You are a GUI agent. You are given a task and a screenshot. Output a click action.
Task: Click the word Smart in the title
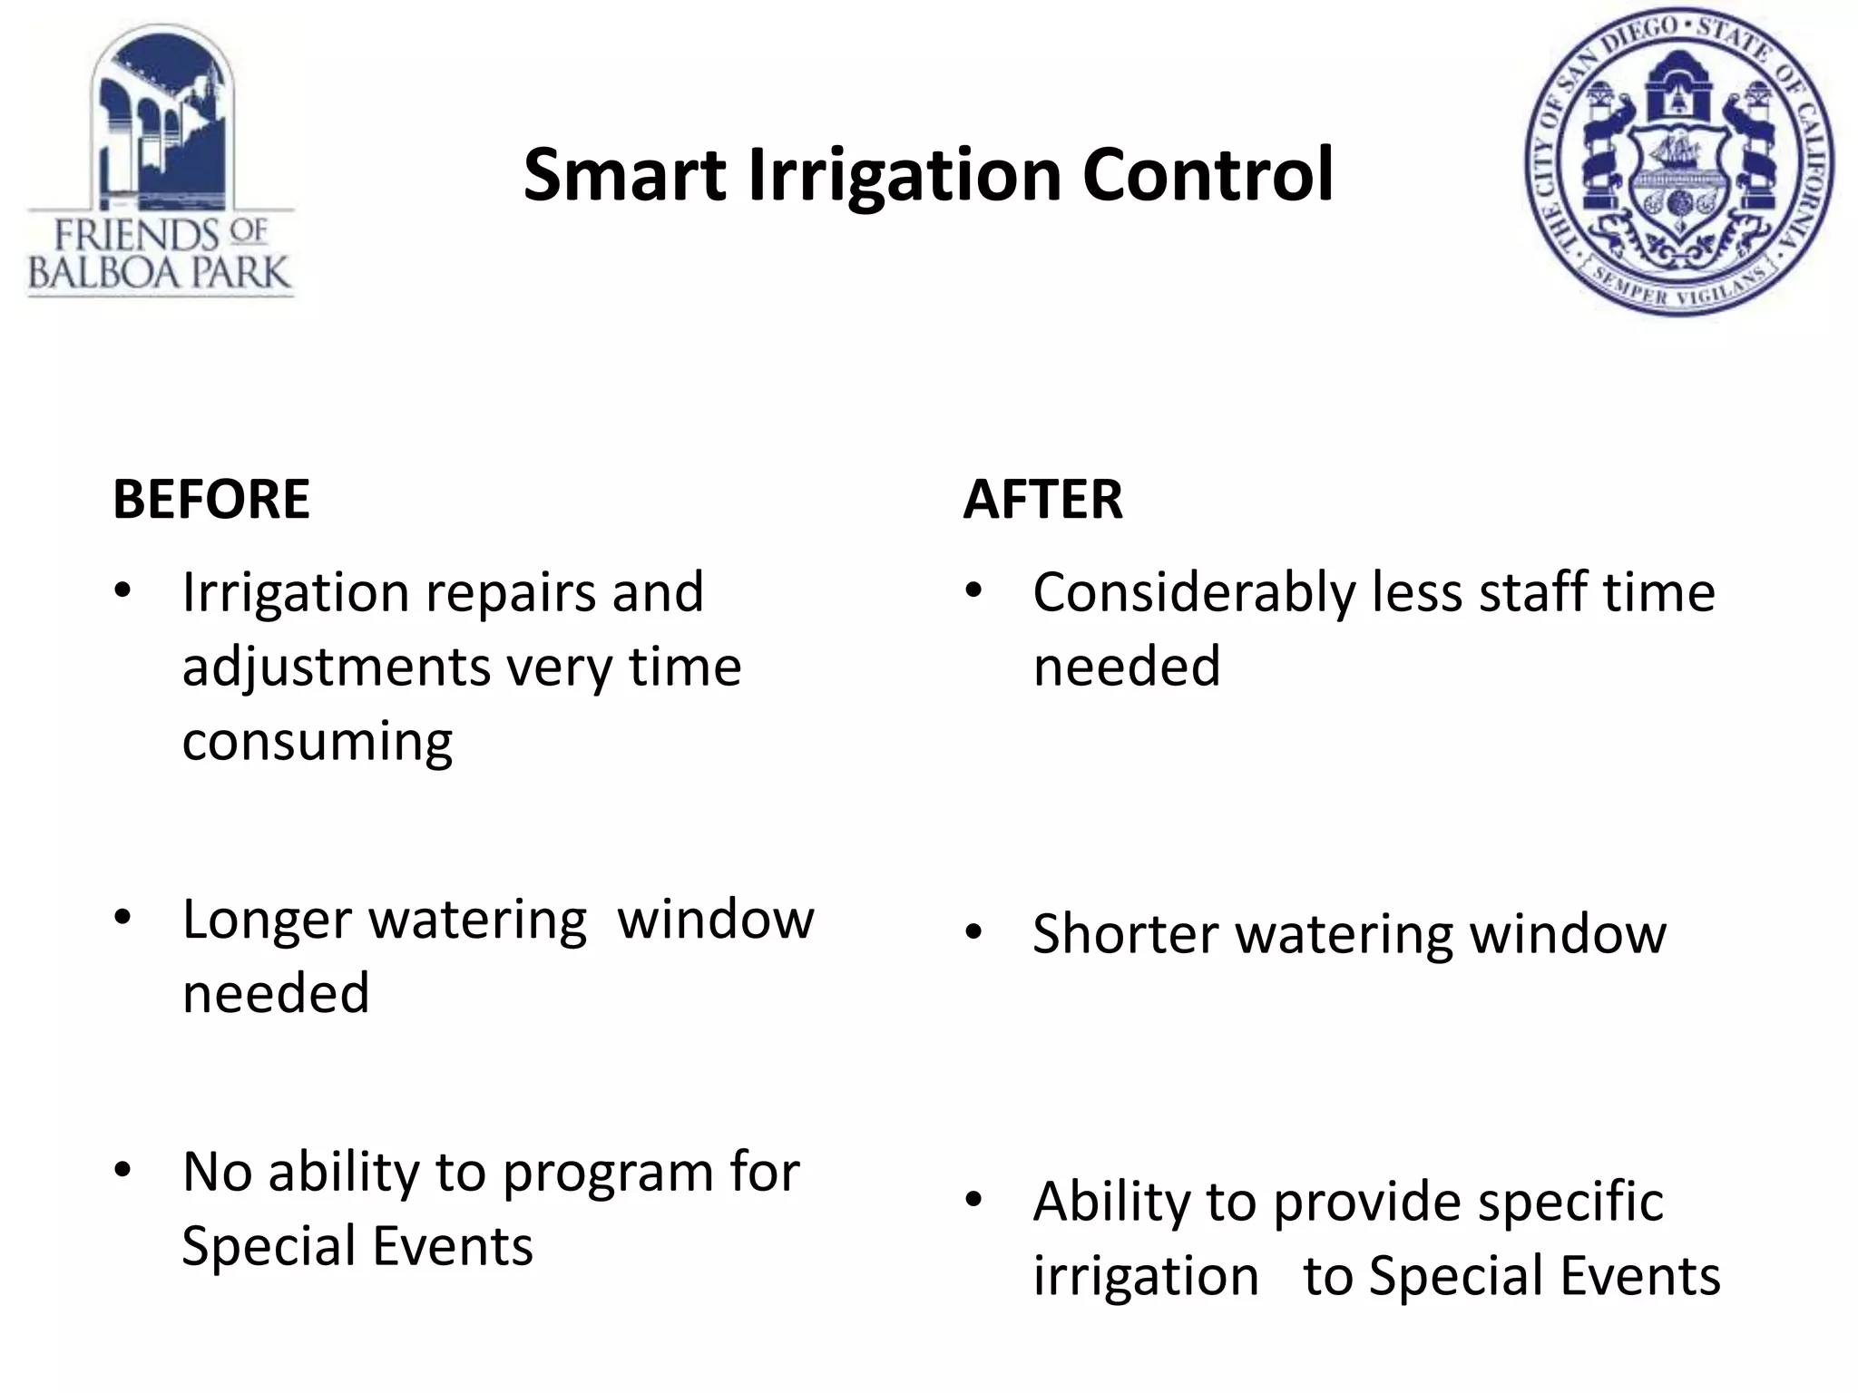[624, 175]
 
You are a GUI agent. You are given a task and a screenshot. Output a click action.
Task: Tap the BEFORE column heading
[211, 499]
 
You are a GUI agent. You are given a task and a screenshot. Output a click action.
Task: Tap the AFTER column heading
[1042, 499]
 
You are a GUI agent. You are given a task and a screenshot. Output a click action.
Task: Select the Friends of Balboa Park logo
[161, 161]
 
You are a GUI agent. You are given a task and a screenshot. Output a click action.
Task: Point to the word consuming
[317, 742]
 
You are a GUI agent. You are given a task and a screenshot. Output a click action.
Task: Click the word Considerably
[1194, 594]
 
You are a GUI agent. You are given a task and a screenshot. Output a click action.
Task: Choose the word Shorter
[1125, 934]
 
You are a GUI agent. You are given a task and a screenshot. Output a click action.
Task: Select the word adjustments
[336, 668]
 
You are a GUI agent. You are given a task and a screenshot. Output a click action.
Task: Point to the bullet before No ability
[122, 1170]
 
